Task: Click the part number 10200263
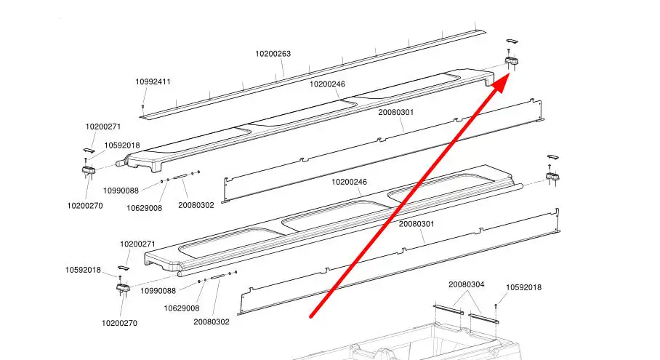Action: [273, 53]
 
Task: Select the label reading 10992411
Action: [153, 81]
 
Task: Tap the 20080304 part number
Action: [466, 284]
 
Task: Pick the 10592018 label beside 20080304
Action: [523, 287]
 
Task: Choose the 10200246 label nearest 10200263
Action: [327, 84]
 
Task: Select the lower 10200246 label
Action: [349, 181]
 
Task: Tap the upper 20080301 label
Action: [396, 113]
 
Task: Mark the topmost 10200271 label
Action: [103, 127]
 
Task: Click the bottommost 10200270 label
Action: [119, 323]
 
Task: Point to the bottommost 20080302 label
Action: [211, 321]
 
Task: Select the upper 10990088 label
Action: [121, 191]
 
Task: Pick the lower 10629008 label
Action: [181, 308]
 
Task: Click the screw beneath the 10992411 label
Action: [143, 108]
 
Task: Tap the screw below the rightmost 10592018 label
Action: [496, 305]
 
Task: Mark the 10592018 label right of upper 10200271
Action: [122, 145]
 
